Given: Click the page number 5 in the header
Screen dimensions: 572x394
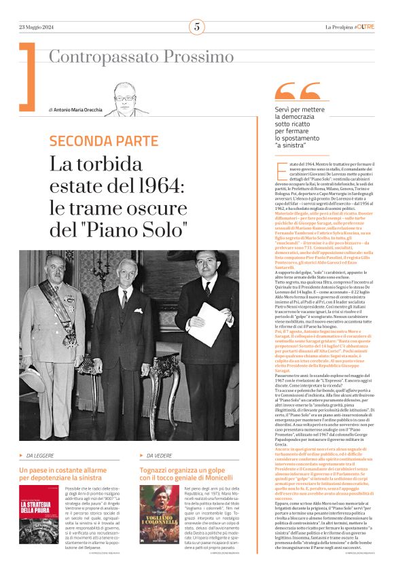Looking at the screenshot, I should (x=196, y=27).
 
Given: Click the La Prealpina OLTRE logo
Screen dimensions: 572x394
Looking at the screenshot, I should (x=349, y=27).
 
